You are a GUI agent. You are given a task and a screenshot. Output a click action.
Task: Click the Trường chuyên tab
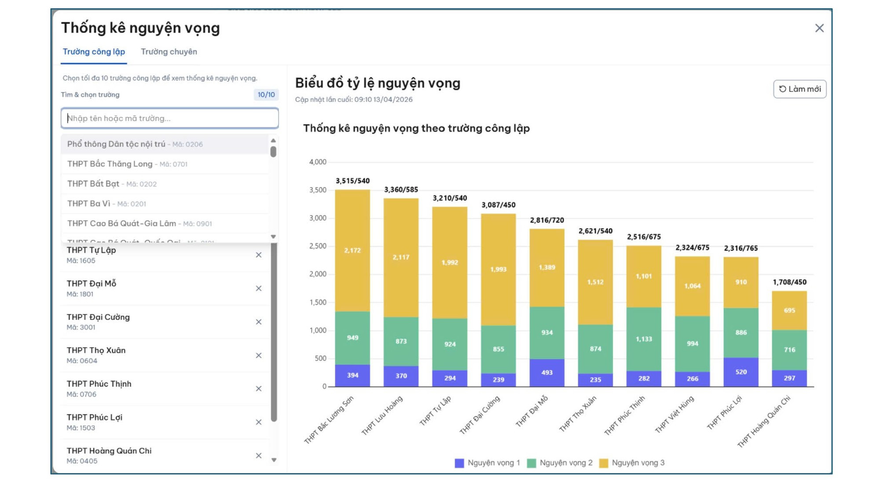tap(169, 52)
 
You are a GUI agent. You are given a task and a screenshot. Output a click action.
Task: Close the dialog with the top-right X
tap(819, 28)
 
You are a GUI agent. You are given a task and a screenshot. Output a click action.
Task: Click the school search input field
tap(169, 118)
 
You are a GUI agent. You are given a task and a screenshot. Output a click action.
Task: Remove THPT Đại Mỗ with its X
tap(259, 288)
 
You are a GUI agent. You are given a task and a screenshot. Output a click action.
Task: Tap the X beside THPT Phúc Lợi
tap(259, 422)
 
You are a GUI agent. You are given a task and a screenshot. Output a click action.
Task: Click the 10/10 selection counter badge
tap(266, 95)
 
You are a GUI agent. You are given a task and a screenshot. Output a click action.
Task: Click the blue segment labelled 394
tap(352, 375)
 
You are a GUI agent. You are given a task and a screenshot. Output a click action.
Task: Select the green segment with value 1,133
tap(644, 339)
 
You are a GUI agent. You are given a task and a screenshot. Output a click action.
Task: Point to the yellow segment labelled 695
tap(789, 310)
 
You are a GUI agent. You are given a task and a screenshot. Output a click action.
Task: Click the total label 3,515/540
tap(352, 181)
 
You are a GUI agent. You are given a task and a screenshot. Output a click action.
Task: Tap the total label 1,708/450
tap(789, 282)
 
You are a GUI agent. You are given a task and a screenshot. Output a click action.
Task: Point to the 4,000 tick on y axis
tap(318, 162)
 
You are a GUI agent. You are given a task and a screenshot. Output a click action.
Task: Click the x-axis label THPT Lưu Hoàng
tap(382, 415)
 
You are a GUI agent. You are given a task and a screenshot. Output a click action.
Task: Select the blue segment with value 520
tap(741, 372)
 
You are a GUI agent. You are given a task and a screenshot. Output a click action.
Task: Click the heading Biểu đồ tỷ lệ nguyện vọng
tap(378, 83)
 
